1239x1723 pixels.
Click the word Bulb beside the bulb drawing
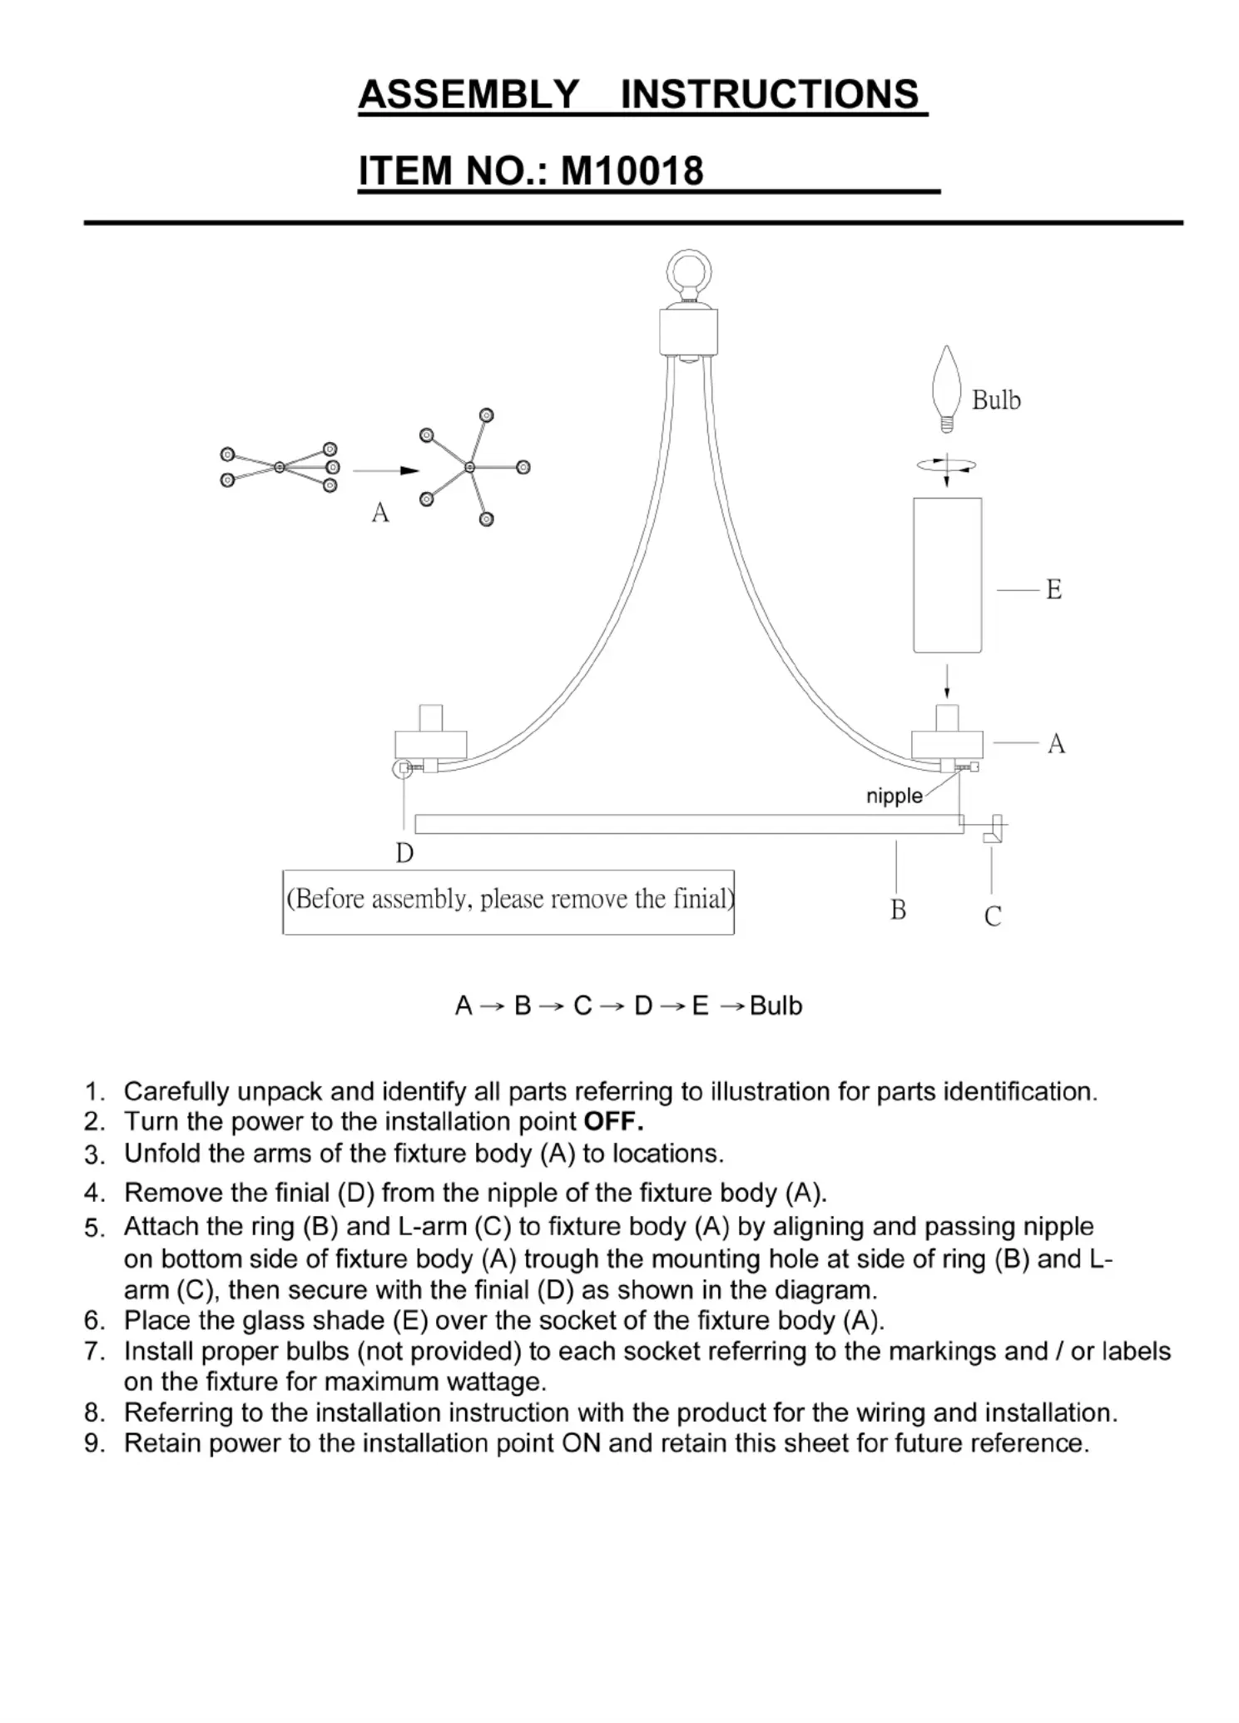(995, 400)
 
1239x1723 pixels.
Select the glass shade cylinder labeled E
(947, 575)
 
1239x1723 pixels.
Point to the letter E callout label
(1053, 590)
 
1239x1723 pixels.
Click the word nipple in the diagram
(894, 796)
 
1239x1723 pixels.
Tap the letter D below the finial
(404, 854)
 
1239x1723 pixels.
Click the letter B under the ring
(898, 911)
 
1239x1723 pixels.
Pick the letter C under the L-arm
(992, 916)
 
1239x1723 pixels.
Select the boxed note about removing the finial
(508, 901)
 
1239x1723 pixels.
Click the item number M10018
(632, 171)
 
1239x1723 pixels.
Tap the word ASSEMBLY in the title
(468, 94)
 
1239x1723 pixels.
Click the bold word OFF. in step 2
(614, 1121)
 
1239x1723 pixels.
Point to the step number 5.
(93, 1229)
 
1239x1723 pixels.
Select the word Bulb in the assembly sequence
(776, 1005)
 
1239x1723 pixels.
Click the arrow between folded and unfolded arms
(385, 471)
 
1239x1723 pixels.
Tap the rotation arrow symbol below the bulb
(947, 467)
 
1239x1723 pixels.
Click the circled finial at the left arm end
(403, 768)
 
